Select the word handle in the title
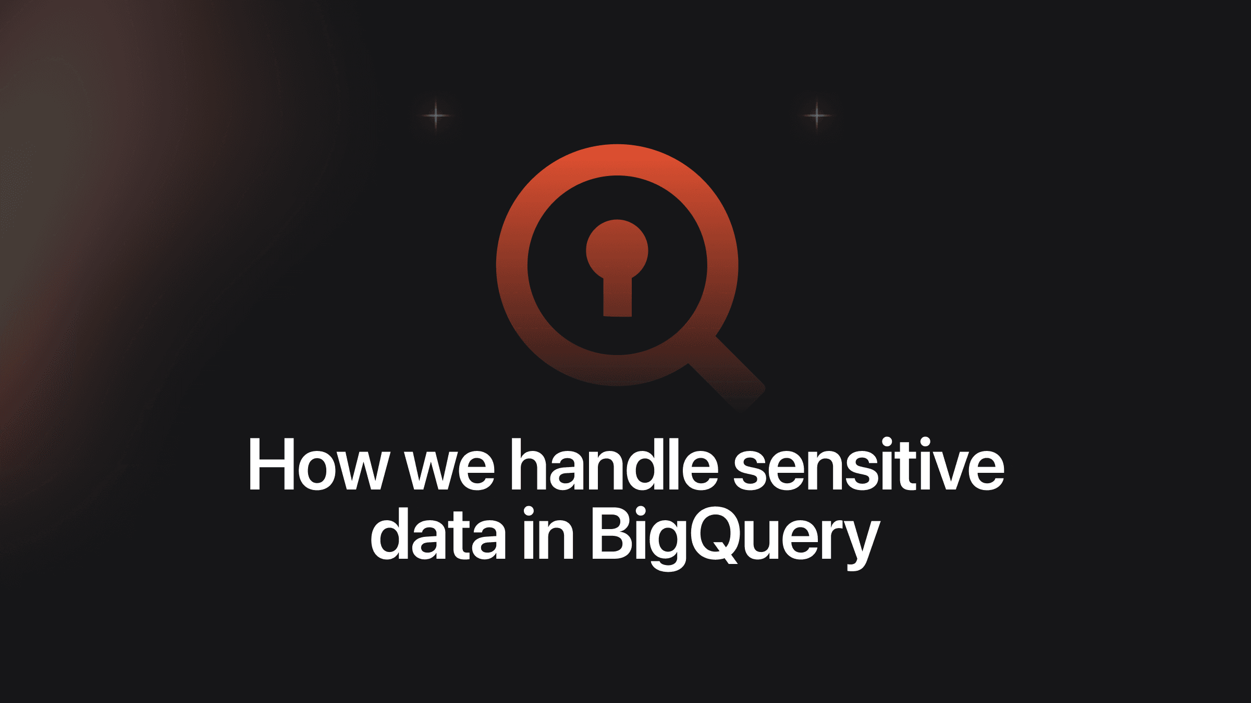pyautogui.click(x=614, y=463)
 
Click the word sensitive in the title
pyautogui.click(x=869, y=463)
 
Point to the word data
pyautogui.click(x=438, y=533)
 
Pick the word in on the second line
pyautogui.click(x=548, y=533)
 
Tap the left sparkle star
pyautogui.click(x=436, y=115)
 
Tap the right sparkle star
pyautogui.click(x=817, y=115)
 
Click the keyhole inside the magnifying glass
pyautogui.click(x=617, y=268)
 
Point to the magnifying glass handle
pyautogui.click(x=727, y=374)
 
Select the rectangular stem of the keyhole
pyautogui.click(x=617, y=297)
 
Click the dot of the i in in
pyautogui.click(x=529, y=512)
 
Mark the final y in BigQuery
pyautogui.click(x=860, y=547)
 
